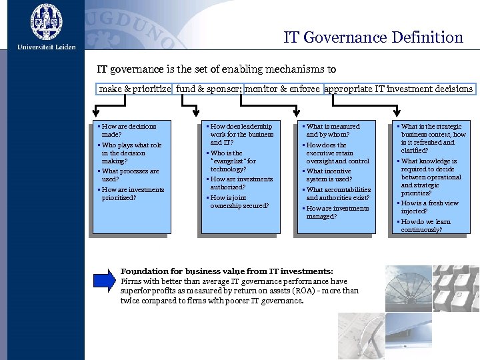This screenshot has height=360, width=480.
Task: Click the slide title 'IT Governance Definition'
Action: pyautogui.click(x=373, y=37)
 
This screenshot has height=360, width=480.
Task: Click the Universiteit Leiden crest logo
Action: pyautogui.click(x=46, y=22)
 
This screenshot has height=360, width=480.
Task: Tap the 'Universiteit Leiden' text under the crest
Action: pyautogui.click(x=46, y=47)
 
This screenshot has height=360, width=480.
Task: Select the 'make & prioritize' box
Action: pyautogui.click(x=135, y=89)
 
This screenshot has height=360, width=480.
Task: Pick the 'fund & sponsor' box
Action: pyautogui.click(x=208, y=89)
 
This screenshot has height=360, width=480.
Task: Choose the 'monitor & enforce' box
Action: pyautogui.click(x=282, y=89)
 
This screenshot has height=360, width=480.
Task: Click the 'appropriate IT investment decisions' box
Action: pyautogui.click(x=399, y=89)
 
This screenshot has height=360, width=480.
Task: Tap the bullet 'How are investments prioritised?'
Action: pyautogui.click(x=132, y=193)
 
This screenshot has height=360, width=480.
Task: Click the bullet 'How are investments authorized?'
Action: pyautogui.click(x=241, y=183)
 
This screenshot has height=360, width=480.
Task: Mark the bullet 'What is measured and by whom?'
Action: pyautogui.click(x=332, y=130)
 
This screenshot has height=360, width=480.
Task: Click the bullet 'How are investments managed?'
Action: pyautogui.click(x=336, y=212)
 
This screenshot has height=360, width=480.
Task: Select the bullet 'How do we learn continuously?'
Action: pyautogui.click(x=425, y=225)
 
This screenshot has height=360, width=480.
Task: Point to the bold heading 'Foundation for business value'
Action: pyautogui.click(x=226, y=271)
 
